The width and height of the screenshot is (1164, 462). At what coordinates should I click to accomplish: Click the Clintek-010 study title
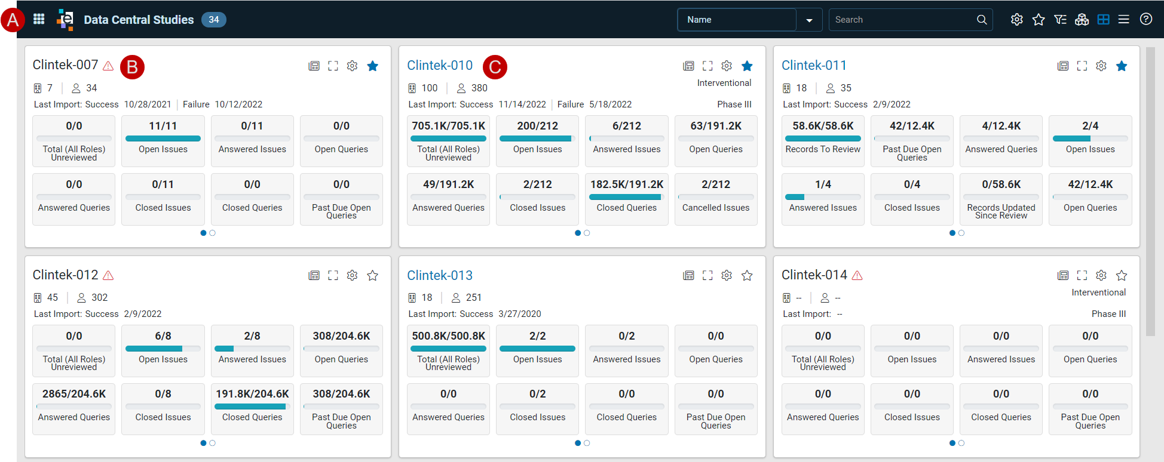[x=440, y=66]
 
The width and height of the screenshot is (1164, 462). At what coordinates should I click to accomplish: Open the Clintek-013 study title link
[x=440, y=275]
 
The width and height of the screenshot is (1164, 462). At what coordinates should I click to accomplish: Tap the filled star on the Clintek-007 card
[x=373, y=66]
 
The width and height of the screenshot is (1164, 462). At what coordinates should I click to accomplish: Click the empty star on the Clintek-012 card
[x=373, y=275]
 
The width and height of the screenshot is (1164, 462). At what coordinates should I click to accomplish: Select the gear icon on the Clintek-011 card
[x=1101, y=66]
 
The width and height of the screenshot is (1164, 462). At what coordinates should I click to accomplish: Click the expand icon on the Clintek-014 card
[x=1082, y=275]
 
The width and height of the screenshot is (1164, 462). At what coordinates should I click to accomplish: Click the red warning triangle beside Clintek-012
[x=108, y=275]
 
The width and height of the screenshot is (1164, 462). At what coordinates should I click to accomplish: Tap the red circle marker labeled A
[x=13, y=20]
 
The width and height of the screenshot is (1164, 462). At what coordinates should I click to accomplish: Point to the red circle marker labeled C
[x=495, y=67]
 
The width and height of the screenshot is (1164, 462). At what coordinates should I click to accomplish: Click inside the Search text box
[x=903, y=20]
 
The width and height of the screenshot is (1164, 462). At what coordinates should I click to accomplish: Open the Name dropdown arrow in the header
[x=809, y=20]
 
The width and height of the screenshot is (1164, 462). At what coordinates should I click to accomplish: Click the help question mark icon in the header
[x=1146, y=19]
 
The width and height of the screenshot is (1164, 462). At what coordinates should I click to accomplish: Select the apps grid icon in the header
[x=39, y=19]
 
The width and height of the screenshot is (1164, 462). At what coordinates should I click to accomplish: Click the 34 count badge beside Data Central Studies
[x=214, y=20]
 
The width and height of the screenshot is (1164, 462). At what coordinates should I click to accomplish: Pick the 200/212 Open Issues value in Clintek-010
[x=538, y=126]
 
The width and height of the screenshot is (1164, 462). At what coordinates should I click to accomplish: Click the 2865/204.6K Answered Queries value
[x=74, y=394]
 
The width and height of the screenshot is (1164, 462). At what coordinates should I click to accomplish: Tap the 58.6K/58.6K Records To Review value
[x=823, y=126]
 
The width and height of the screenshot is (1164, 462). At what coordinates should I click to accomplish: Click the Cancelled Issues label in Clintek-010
[x=716, y=208]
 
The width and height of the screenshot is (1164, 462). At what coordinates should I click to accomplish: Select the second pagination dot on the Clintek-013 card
[x=587, y=443]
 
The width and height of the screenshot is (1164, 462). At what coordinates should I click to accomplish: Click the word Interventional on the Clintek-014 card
[x=1098, y=292]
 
